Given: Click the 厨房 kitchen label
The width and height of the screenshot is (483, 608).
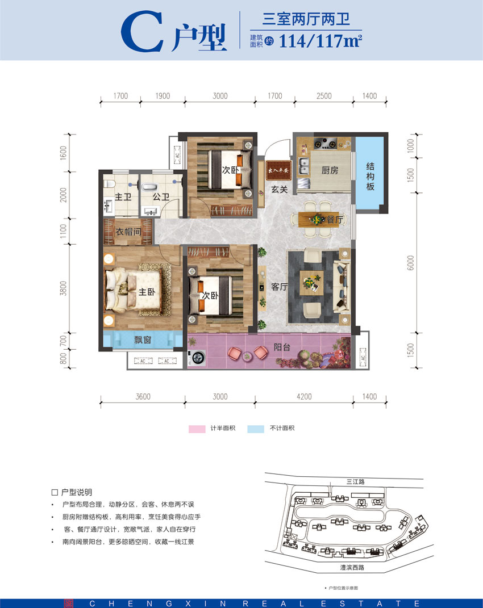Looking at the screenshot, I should [x=330, y=170].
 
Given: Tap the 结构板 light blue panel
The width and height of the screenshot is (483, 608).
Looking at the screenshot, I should [x=370, y=176].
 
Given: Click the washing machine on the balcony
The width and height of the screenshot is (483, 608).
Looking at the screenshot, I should [x=198, y=359].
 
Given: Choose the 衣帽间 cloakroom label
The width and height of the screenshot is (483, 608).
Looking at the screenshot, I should [x=128, y=232].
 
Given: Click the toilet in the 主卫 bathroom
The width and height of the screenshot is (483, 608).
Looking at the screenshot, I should [x=109, y=184].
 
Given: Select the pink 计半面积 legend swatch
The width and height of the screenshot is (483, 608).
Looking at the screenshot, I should [x=197, y=428].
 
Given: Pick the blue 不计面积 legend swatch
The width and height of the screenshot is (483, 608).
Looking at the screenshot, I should [x=256, y=428].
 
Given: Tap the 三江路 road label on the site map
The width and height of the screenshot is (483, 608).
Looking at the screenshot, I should [x=356, y=481].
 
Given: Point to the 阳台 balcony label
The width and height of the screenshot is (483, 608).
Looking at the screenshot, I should [x=282, y=347].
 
